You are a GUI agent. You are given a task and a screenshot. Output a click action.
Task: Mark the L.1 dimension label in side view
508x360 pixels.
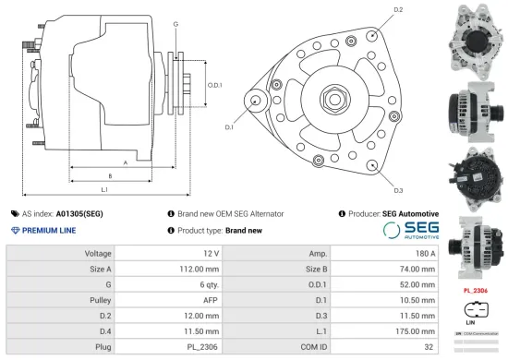[104, 189]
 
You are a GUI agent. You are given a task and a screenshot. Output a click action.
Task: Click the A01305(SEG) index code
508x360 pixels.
[79, 213]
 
